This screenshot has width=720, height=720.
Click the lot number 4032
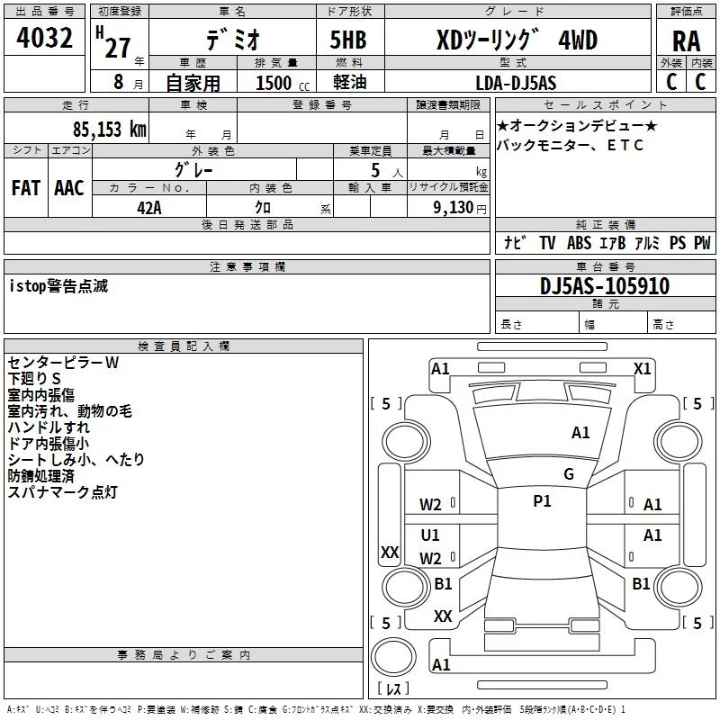click(44, 38)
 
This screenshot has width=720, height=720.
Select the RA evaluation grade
click(686, 41)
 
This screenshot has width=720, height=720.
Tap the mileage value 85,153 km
click(109, 130)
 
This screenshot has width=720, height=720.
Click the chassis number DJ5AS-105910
click(605, 286)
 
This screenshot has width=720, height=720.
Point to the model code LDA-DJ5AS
click(516, 83)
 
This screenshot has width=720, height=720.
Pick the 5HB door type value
click(348, 40)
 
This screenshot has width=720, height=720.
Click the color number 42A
click(149, 208)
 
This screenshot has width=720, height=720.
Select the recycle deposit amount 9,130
click(454, 208)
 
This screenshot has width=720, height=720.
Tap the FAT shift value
click(26, 188)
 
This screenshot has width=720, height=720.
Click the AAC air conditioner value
click(69, 188)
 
